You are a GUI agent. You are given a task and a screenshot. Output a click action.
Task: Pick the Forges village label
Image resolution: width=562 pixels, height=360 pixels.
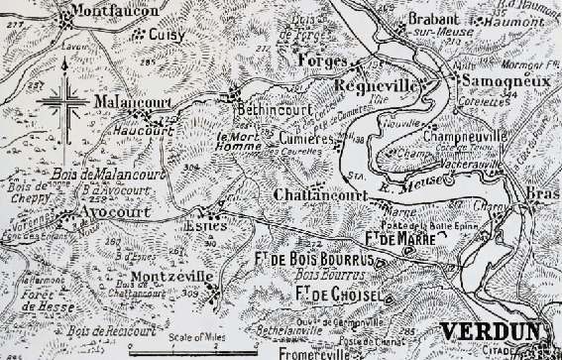point(319,60)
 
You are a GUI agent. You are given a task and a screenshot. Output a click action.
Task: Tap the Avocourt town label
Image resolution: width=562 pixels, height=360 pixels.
point(108,211)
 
